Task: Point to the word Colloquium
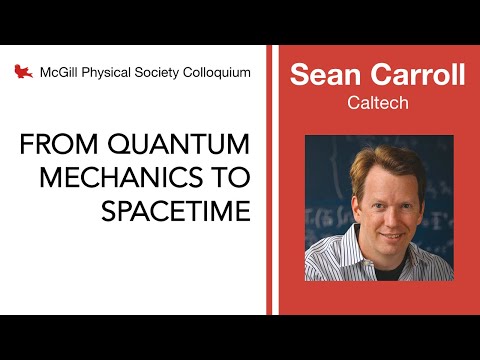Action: [221, 72]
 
